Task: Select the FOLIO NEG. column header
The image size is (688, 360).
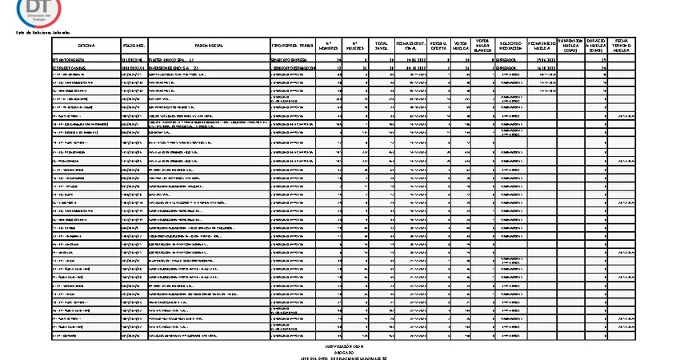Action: coord(134,46)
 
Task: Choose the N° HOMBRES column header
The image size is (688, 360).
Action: coord(334,46)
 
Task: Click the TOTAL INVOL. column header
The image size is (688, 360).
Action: coord(382,46)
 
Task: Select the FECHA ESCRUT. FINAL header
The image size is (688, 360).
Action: coord(410,46)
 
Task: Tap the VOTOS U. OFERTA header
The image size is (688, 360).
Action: coord(438,46)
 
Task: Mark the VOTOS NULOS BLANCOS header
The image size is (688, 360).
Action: coord(482,46)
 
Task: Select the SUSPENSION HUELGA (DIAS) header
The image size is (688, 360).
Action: coord(570,46)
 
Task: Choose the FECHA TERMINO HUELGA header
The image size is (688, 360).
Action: coord(623,46)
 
